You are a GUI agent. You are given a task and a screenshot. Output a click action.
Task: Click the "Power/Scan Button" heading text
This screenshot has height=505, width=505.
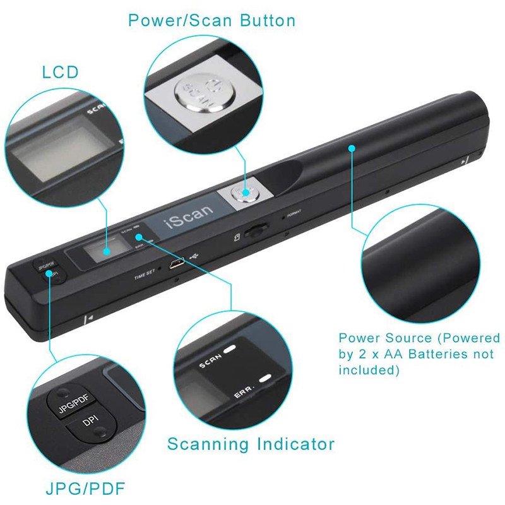tap(211, 21)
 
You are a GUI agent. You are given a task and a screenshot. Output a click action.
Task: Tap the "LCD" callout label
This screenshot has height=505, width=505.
tap(61, 72)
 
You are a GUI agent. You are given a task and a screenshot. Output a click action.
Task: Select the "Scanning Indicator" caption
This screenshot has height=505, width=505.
tap(251, 444)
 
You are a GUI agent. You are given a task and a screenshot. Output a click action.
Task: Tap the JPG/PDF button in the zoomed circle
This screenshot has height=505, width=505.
tap(74, 407)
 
